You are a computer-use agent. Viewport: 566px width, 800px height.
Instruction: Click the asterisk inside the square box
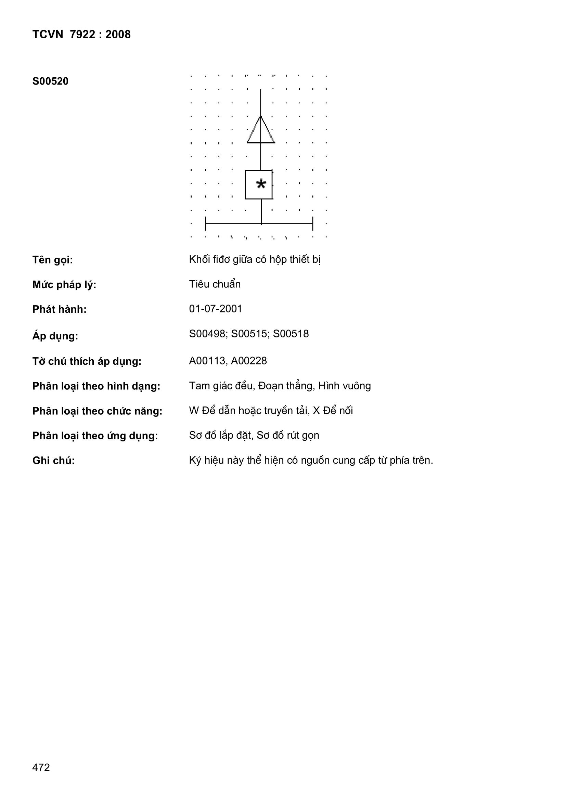coord(261,184)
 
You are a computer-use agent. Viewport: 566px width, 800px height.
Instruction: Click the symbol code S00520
coord(51,81)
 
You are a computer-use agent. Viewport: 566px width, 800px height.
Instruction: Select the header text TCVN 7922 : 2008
coord(81,34)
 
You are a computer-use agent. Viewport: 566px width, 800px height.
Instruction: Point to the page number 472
coord(41,777)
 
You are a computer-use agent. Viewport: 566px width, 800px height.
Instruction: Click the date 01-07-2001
coord(215,309)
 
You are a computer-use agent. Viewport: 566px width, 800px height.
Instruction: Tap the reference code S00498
coord(208,334)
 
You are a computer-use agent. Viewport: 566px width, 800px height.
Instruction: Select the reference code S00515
coord(250,334)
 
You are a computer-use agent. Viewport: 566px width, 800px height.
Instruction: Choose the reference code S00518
coord(291,334)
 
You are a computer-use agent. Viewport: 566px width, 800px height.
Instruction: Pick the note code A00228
coord(249,361)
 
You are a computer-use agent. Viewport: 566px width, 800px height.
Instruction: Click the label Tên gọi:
coord(53,260)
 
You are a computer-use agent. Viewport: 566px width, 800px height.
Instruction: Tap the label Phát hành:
coord(59,309)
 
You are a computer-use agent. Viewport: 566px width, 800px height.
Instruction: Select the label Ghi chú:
coord(54,461)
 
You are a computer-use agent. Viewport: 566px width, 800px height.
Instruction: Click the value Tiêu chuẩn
coord(215,284)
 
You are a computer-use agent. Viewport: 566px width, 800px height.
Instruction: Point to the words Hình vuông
coord(345,386)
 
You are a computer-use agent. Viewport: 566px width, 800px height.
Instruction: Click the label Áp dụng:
coord(55,336)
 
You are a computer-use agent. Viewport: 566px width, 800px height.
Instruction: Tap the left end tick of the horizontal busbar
coord(206,223)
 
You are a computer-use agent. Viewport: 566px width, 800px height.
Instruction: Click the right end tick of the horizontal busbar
coord(313,223)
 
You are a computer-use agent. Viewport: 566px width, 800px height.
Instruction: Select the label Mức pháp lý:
coord(64,285)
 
